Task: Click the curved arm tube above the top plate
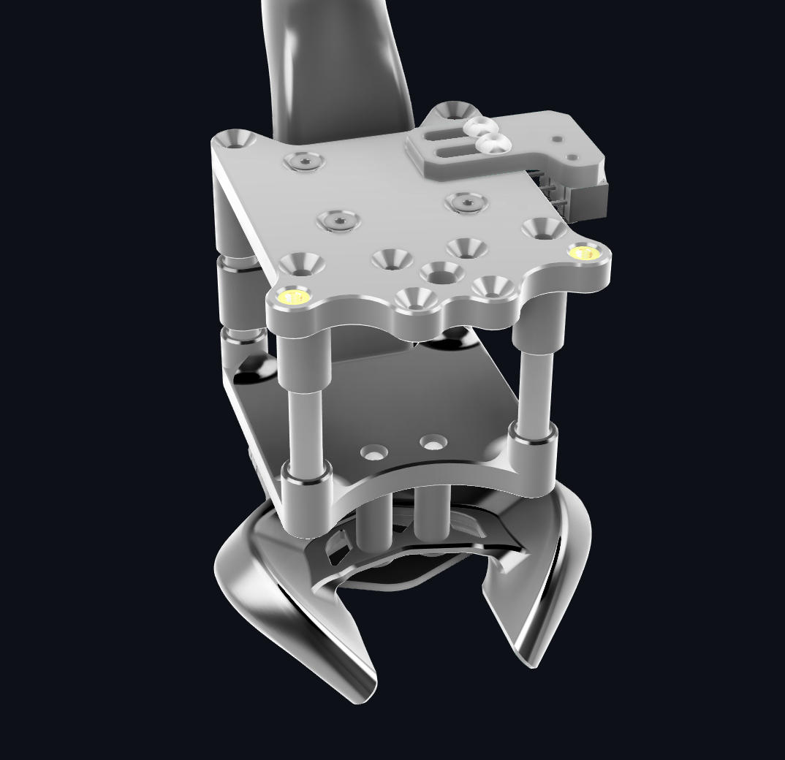329,66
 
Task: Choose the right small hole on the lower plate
433,443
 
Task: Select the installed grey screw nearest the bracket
466,202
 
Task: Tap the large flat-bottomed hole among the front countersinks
441,273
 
